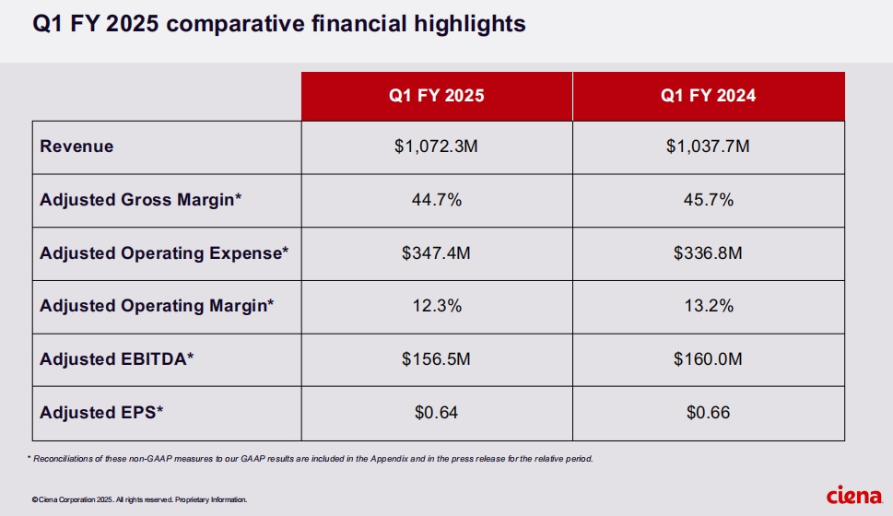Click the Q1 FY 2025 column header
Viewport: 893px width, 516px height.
(x=436, y=96)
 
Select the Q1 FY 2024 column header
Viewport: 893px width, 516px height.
(x=708, y=96)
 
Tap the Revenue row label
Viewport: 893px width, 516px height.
(x=76, y=147)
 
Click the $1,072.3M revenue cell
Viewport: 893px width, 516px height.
(x=436, y=147)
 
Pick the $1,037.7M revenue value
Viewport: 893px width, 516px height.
(x=708, y=147)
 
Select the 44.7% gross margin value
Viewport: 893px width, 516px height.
(x=436, y=200)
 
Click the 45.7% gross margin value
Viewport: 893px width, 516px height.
(x=708, y=200)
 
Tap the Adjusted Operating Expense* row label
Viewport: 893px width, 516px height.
(x=163, y=253)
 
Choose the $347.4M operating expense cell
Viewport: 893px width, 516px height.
(x=436, y=253)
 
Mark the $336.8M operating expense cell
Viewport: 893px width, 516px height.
(x=708, y=253)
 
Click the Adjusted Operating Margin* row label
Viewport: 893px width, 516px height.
(x=157, y=306)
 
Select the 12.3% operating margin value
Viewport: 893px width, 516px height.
(x=436, y=306)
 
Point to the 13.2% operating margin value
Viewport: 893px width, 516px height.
(x=708, y=306)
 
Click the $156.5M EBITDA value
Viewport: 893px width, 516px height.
(x=436, y=359)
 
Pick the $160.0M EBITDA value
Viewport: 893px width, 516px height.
(x=708, y=359)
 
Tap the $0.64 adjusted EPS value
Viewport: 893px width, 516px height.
(x=436, y=413)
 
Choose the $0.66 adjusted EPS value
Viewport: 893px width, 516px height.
(x=708, y=413)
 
